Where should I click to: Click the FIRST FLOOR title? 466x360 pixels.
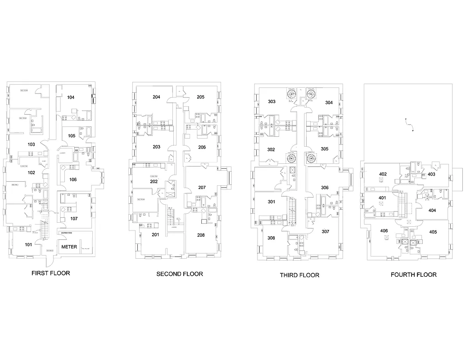[x=50, y=273]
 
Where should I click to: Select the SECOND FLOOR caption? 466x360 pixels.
[x=179, y=274]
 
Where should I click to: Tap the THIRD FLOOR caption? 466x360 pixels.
[x=299, y=275]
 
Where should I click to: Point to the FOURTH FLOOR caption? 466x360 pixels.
[x=413, y=274]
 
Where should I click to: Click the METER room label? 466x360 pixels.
[x=69, y=247]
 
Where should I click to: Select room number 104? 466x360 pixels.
[x=71, y=97]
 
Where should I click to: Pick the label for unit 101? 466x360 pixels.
[x=28, y=245]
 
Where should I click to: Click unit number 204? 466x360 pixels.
[x=156, y=97]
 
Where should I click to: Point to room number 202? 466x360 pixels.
[x=154, y=181]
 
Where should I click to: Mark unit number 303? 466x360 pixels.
[x=271, y=102]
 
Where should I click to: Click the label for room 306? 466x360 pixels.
[x=325, y=188]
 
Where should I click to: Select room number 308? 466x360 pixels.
[x=271, y=238]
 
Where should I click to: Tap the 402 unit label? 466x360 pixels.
[x=383, y=174]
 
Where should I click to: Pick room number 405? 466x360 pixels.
[x=433, y=232]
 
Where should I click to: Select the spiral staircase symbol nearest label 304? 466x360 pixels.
[x=311, y=94]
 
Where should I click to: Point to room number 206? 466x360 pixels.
[x=201, y=147]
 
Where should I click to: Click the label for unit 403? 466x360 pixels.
[x=431, y=174]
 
